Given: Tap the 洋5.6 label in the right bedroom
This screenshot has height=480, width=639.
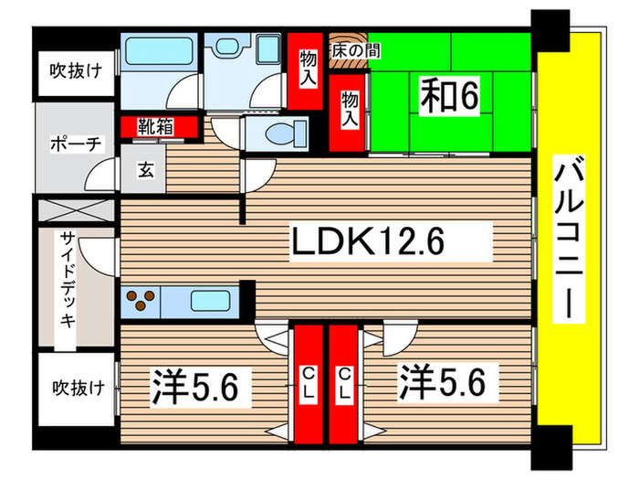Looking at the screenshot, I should (x=446, y=381).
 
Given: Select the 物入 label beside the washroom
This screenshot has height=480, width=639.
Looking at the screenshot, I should (x=307, y=69).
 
